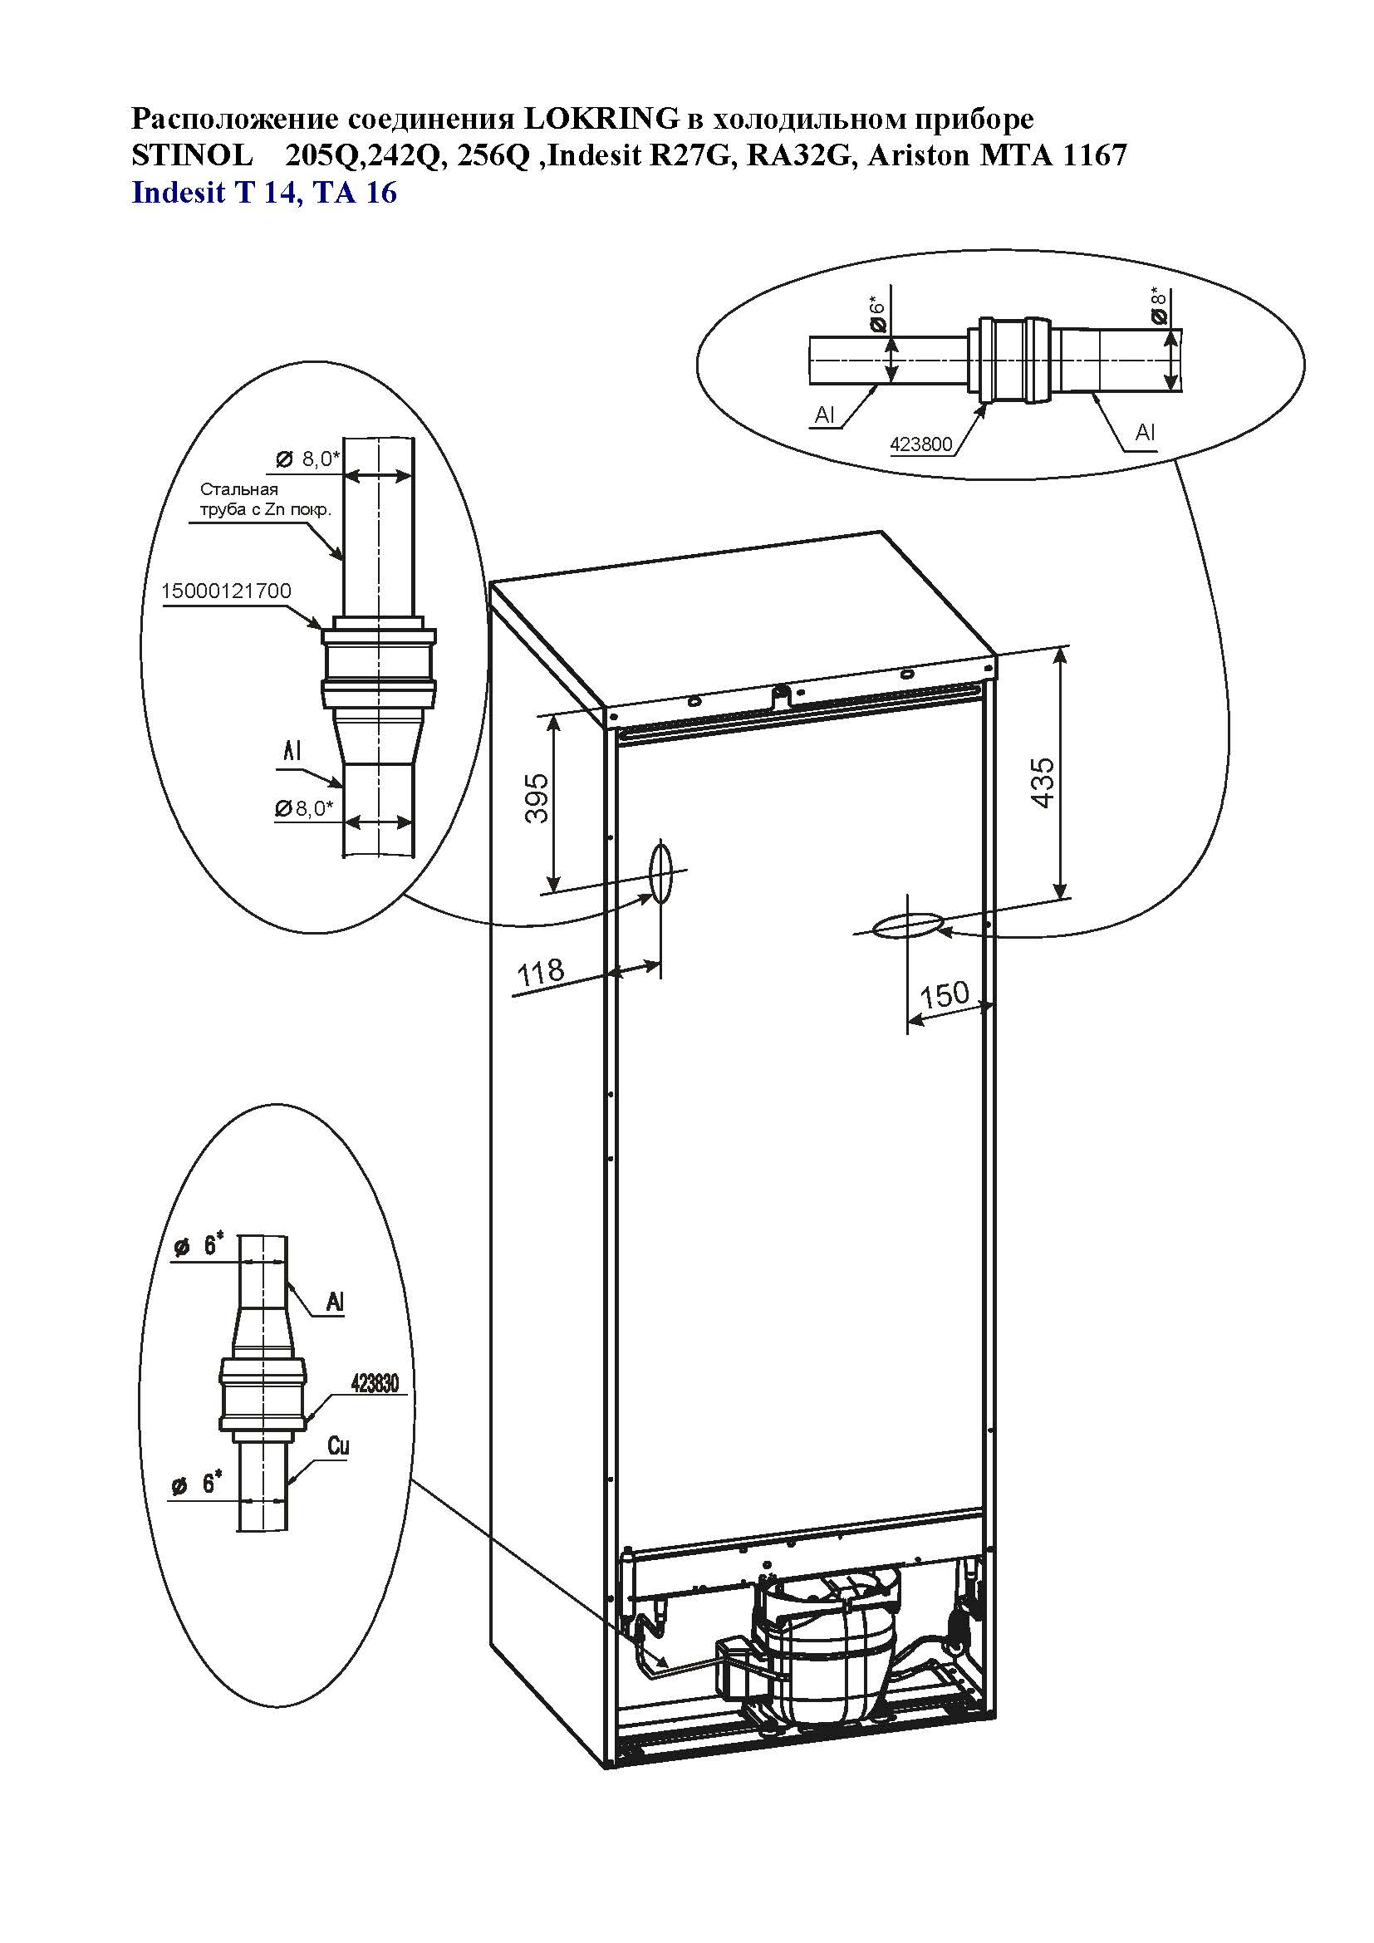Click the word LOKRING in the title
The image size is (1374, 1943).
(x=601, y=120)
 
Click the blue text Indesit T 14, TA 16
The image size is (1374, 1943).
(x=265, y=193)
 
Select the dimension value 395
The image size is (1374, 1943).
(x=537, y=799)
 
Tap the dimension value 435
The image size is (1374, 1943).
(x=1043, y=783)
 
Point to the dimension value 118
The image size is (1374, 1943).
(x=541, y=973)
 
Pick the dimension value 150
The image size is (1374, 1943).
(x=945, y=994)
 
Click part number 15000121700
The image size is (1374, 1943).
(x=227, y=591)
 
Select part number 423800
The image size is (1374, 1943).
(x=921, y=444)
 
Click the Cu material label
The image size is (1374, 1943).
(x=338, y=1446)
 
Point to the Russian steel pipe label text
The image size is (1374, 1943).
(x=265, y=500)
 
